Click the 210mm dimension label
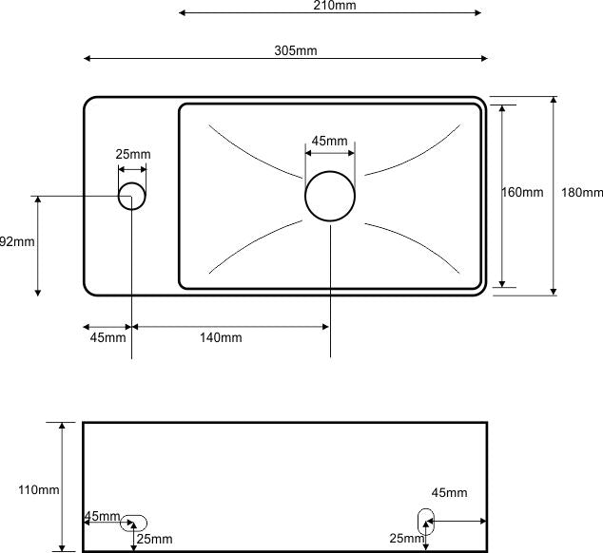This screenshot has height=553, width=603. pos(328,6)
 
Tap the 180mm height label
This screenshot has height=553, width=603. pos(581,193)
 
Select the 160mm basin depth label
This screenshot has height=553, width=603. pos(522,193)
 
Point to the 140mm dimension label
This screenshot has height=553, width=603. pos(221,337)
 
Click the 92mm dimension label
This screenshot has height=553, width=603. pos(16,241)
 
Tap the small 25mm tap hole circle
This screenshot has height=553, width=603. pos(132,197)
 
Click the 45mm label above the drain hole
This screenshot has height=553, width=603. pos(329,142)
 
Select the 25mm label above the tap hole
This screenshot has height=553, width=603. pos(133,155)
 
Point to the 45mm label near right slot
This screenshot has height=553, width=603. pos(449,493)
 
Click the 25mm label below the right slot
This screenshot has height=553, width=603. pos(405,539)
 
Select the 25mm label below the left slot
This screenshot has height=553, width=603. pos(155,539)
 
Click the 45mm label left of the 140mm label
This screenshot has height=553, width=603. pos(107,337)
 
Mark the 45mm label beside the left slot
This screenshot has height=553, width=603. pos(103,517)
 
